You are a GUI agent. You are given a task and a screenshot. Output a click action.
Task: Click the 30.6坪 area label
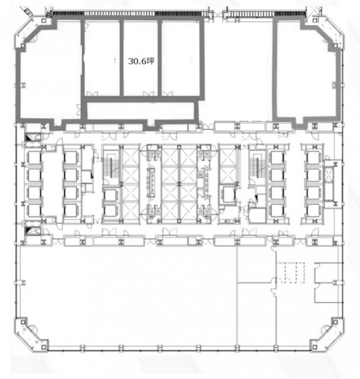141,61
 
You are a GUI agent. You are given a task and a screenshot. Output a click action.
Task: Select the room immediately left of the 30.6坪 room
102,58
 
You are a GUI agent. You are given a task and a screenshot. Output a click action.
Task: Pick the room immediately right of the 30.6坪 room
181,58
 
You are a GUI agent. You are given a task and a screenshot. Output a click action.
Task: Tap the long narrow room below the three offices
141,111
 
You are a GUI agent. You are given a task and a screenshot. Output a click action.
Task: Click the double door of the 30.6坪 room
148,94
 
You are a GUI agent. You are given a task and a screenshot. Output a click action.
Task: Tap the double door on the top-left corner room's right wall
79,110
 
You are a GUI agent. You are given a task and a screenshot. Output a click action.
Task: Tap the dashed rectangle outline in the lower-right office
291,272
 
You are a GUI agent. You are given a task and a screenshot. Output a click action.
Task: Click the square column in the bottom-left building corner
44,347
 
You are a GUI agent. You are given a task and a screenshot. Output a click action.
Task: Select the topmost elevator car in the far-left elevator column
34,158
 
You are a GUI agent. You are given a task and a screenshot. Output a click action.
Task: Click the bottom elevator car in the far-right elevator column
314,210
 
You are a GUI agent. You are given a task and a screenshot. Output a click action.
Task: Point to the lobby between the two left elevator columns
52,184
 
